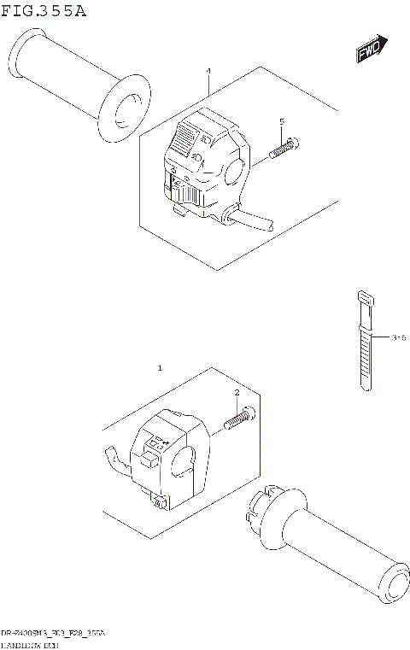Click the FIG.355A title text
click(x=44, y=10)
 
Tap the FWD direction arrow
click(x=372, y=50)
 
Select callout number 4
click(x=208, y=73)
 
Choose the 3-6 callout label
click(x=397, y=338)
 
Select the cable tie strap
click(x=364, y=350)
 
